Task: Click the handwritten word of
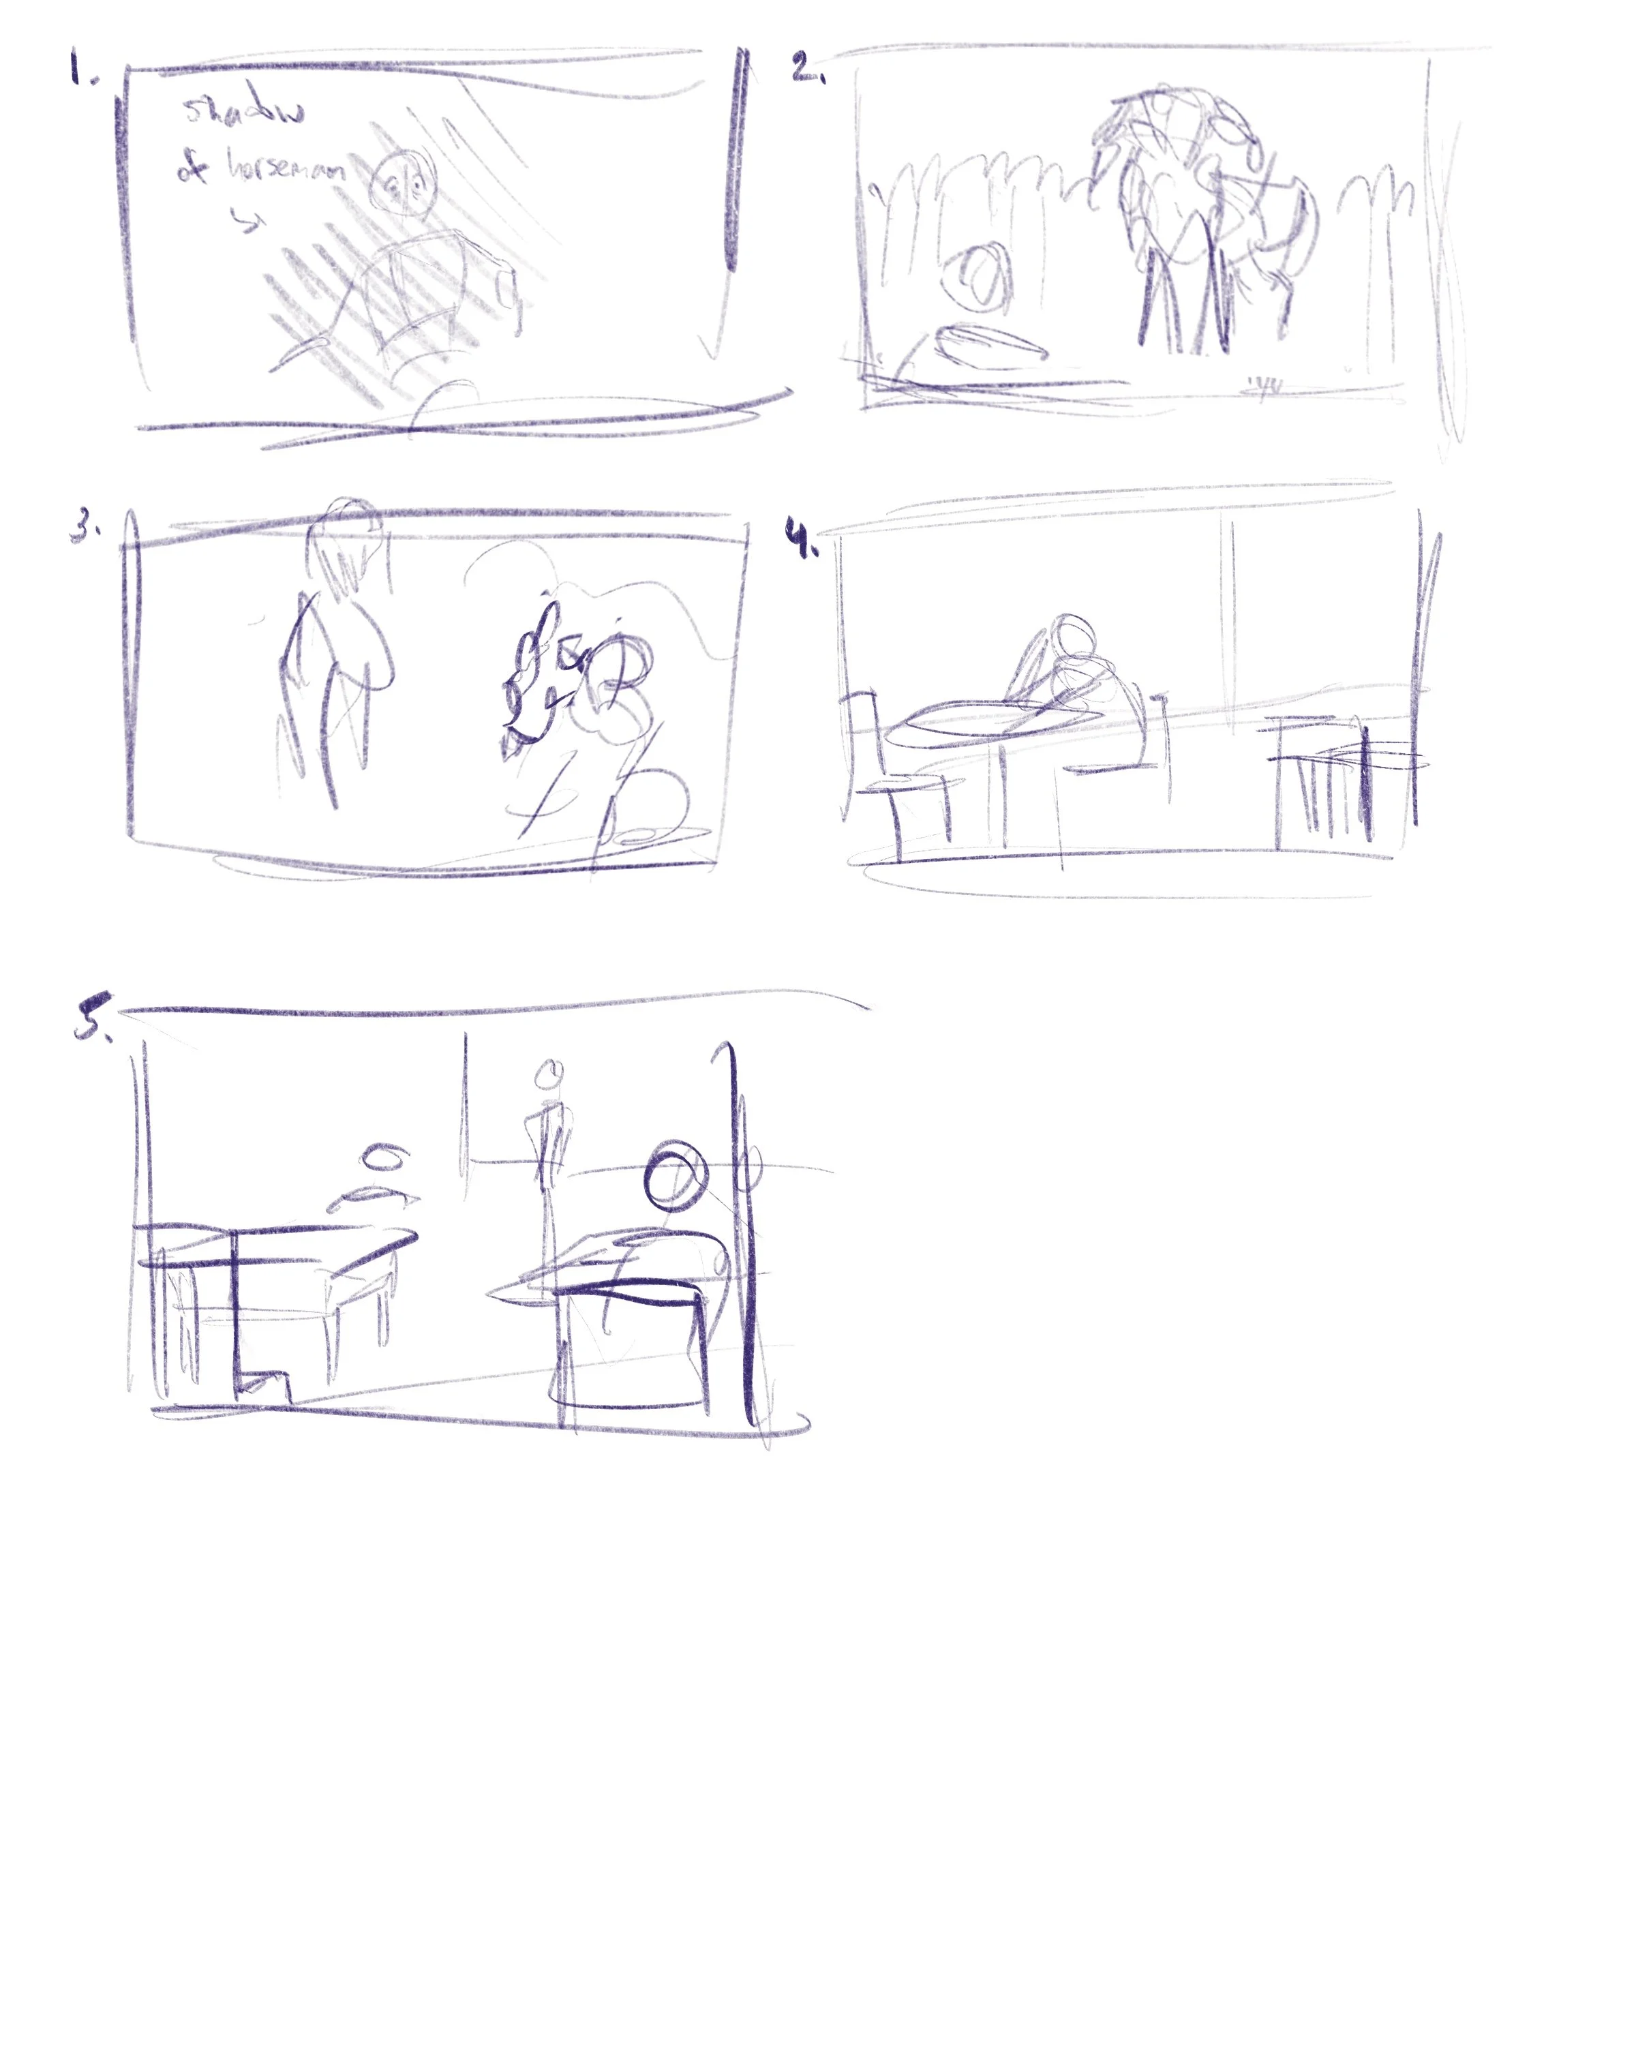pyautogui.click(x=192, y=168)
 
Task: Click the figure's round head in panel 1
pyautogui.click(x=405, y=185)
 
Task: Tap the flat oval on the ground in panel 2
pyautogui.click(x=990, y=342)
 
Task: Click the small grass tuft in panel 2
pyautogui.click(x=1266, y=386)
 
